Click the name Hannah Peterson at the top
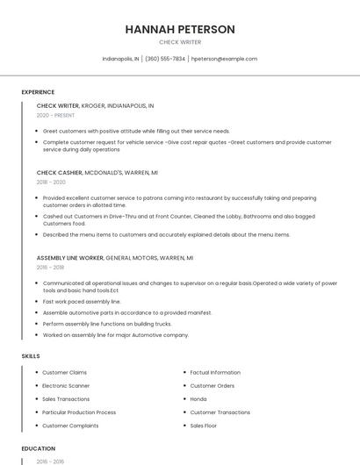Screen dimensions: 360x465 pos(180,29)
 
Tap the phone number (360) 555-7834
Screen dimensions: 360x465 pos(165,59)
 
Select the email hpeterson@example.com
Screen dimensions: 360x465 pos(224,59)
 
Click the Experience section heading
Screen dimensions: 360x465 pos(38,92)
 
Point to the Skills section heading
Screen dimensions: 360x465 pos(30,356)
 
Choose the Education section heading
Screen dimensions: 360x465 pos(38,448)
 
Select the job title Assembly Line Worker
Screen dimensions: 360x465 pos(70,258)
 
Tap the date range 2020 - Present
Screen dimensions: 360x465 pos(55,115)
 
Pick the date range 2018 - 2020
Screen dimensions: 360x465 pos(51,182)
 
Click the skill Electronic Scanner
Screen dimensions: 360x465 pos(66,386)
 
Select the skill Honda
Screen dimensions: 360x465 pos(198,399)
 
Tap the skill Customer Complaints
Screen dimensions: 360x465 pos(70,426)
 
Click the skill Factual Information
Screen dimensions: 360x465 pos(215,373)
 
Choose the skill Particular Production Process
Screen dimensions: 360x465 pos(79,412)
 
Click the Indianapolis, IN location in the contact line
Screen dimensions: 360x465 pos(120,59)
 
